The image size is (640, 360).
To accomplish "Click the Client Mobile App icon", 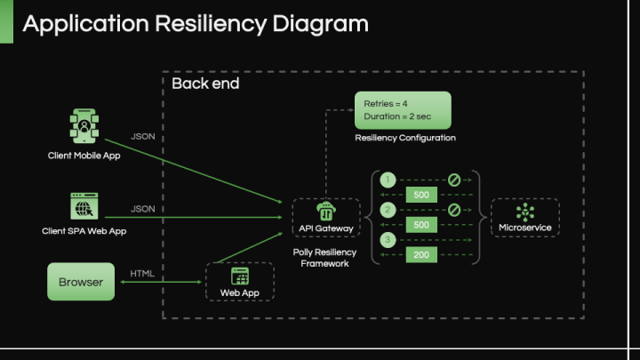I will [x=84, y=126].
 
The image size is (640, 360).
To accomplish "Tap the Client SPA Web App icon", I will [x=84, y=206].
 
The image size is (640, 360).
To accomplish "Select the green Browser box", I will [x=81, y=282].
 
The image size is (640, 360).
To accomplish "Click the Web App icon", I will [x=240, y=276].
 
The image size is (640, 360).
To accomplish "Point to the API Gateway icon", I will [x=325, y=212].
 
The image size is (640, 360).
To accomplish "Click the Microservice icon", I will [x=524, y=212].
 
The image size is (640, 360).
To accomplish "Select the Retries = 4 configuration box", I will [x=403, y=110].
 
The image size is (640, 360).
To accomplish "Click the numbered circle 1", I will [x=388, y=180].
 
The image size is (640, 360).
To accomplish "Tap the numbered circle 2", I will [x=388, y=211].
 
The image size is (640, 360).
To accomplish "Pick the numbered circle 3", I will [x=388, y=241].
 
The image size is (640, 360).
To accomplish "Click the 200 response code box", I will [x=421, y=255].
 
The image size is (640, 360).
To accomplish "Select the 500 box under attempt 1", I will [x=421, y=195].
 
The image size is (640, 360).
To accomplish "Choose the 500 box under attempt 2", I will [x=421, y=225].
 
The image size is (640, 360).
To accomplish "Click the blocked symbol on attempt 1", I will [x=453, y=180].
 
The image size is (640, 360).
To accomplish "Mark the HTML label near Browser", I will [x=142, y=273].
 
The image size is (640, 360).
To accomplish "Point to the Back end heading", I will [x=205, y=84].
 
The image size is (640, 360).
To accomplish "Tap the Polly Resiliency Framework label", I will [x=325, y=258].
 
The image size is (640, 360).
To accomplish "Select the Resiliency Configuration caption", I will [x=405, y=138].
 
